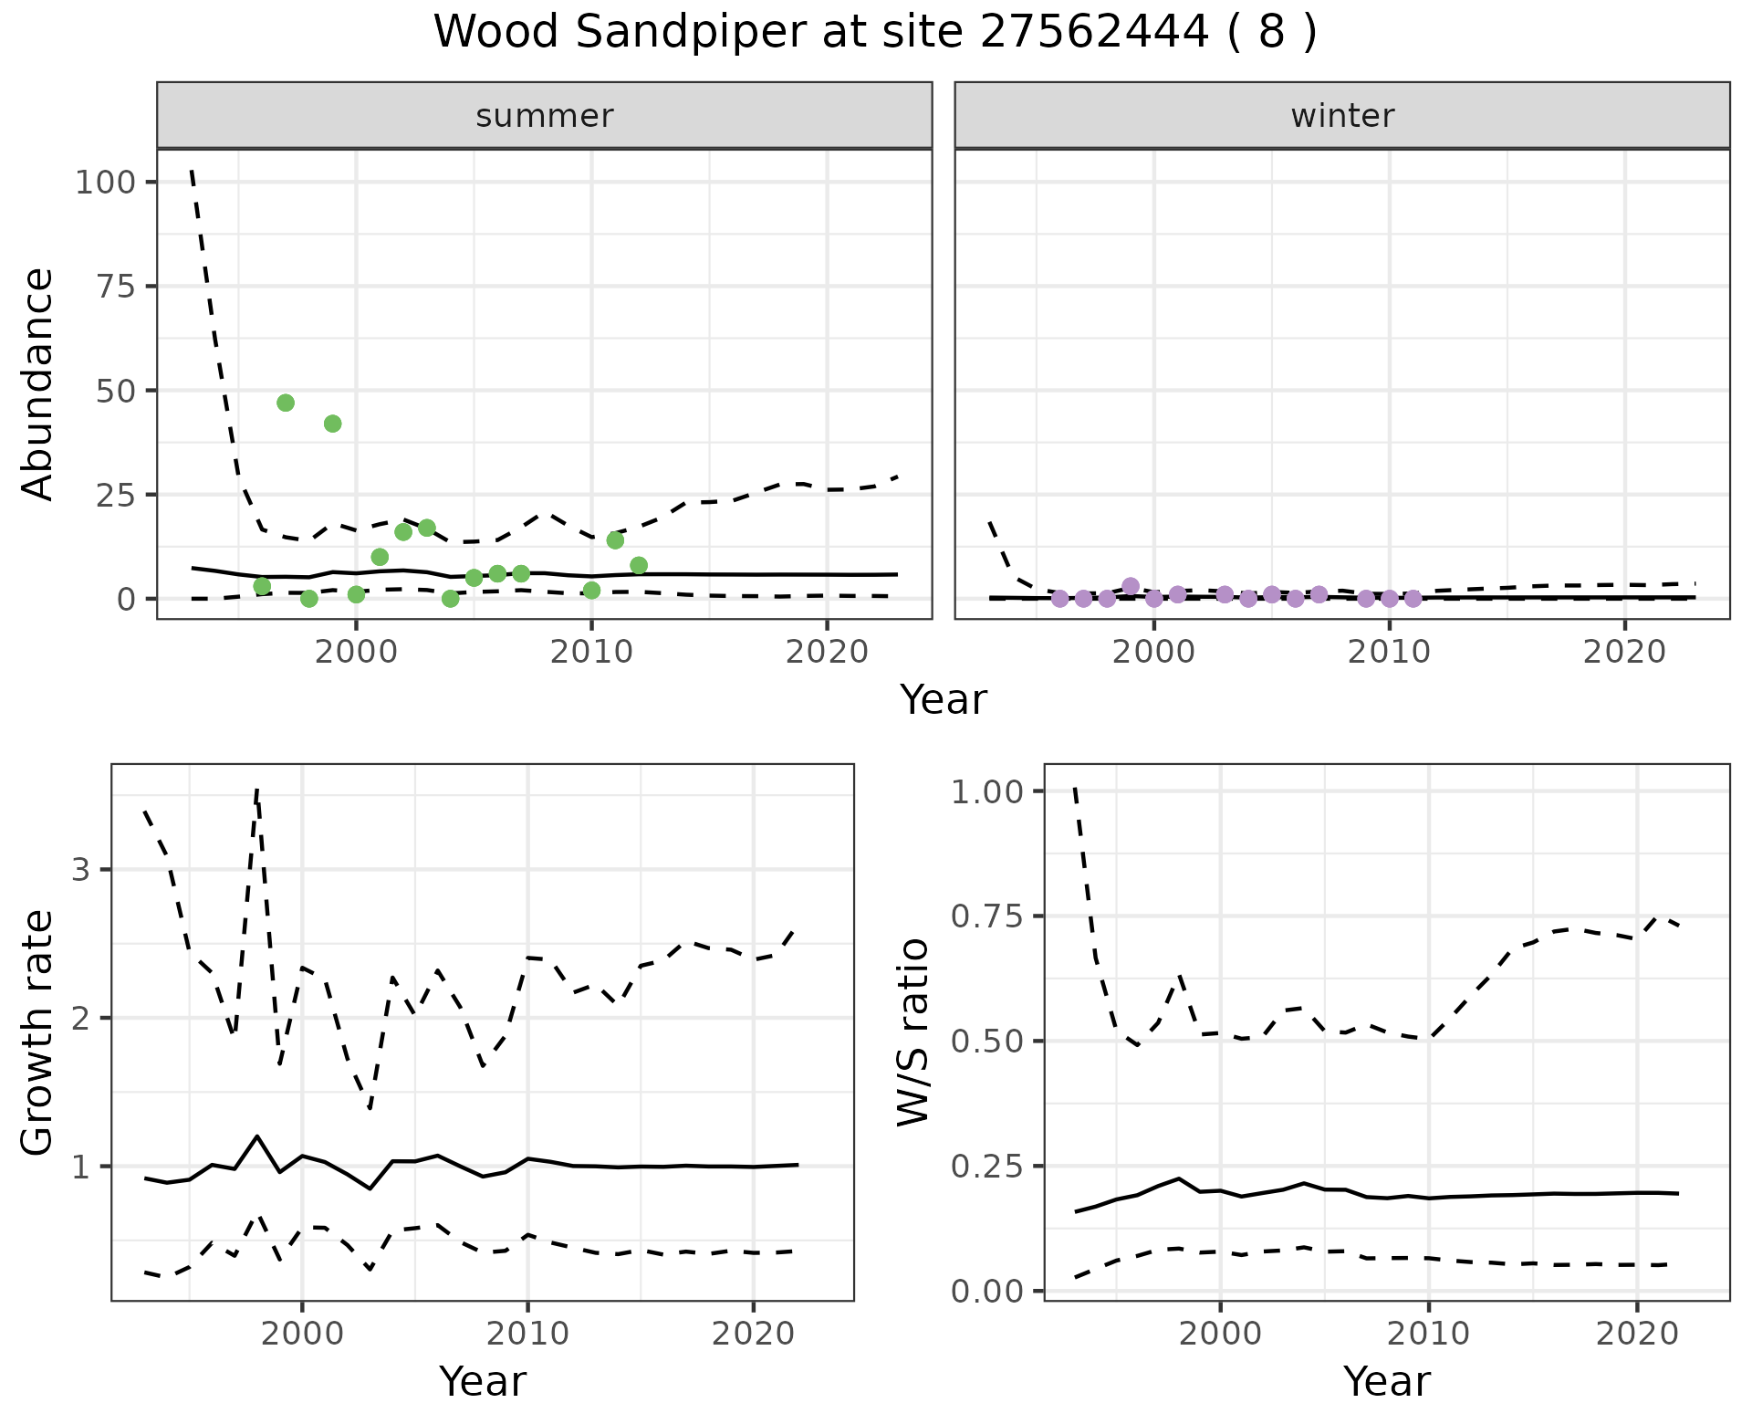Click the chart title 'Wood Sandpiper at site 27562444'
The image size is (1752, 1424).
point(875,33)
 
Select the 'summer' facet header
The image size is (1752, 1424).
point(545,116)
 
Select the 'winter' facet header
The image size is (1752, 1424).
point(1341,116)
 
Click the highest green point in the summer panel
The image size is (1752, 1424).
point(286,403)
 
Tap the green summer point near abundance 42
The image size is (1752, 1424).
point(333,424)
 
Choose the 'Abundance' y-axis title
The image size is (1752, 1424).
point(38,384)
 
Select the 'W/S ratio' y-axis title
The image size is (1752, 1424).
point(912,1032)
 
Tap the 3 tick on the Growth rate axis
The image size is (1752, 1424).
point(81,869)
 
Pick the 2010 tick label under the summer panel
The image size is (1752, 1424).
point(591,654)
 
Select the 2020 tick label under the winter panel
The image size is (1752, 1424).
point(1624,654)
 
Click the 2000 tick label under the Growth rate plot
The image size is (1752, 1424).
point(302,1335)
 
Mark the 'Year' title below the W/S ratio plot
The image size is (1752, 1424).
point(1386,1381)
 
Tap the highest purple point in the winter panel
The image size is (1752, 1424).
point(1131,586)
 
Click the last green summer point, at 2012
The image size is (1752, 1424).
point(639,565)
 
